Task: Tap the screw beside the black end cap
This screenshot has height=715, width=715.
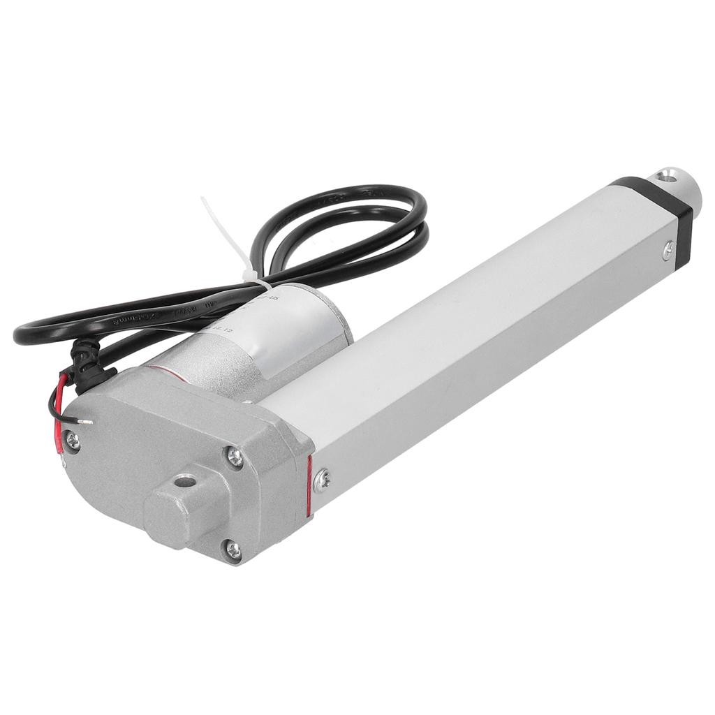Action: pos(668,249)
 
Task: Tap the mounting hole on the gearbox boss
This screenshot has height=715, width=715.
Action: pos(184,480)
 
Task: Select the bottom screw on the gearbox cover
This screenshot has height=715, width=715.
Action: pos(233,550)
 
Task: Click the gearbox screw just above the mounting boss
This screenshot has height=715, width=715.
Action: pos(235,457)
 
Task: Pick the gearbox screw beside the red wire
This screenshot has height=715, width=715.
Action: pos(72,440)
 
